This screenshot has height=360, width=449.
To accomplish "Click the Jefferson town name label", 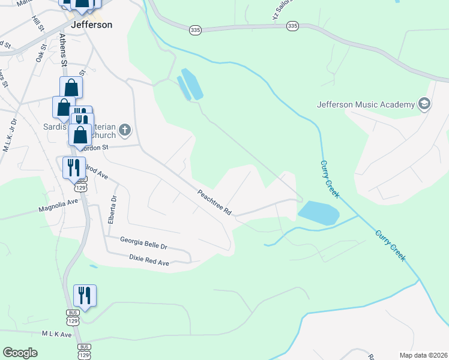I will click(91, 25).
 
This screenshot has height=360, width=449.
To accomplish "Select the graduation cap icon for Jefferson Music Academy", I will click(424, 104).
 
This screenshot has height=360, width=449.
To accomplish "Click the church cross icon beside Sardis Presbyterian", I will click(125, 129).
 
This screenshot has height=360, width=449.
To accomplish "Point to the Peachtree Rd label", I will click(215, 203).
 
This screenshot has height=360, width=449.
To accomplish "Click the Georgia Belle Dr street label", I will click(143, 242).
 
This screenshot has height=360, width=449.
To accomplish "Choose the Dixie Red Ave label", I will click(149, 259).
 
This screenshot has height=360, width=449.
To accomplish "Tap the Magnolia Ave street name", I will click(58, 208).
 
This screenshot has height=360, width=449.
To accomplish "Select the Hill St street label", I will click(38, 24).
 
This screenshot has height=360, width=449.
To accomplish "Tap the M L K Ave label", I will click(56, 334).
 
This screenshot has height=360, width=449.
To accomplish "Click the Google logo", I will click(20, 352).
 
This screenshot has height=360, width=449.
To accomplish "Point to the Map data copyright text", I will click(423, 355).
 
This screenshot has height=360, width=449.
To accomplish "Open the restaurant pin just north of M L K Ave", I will click(84, 296).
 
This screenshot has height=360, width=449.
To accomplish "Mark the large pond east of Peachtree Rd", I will click(318, 212).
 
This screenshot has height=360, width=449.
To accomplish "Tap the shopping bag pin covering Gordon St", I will click(80, 136).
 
